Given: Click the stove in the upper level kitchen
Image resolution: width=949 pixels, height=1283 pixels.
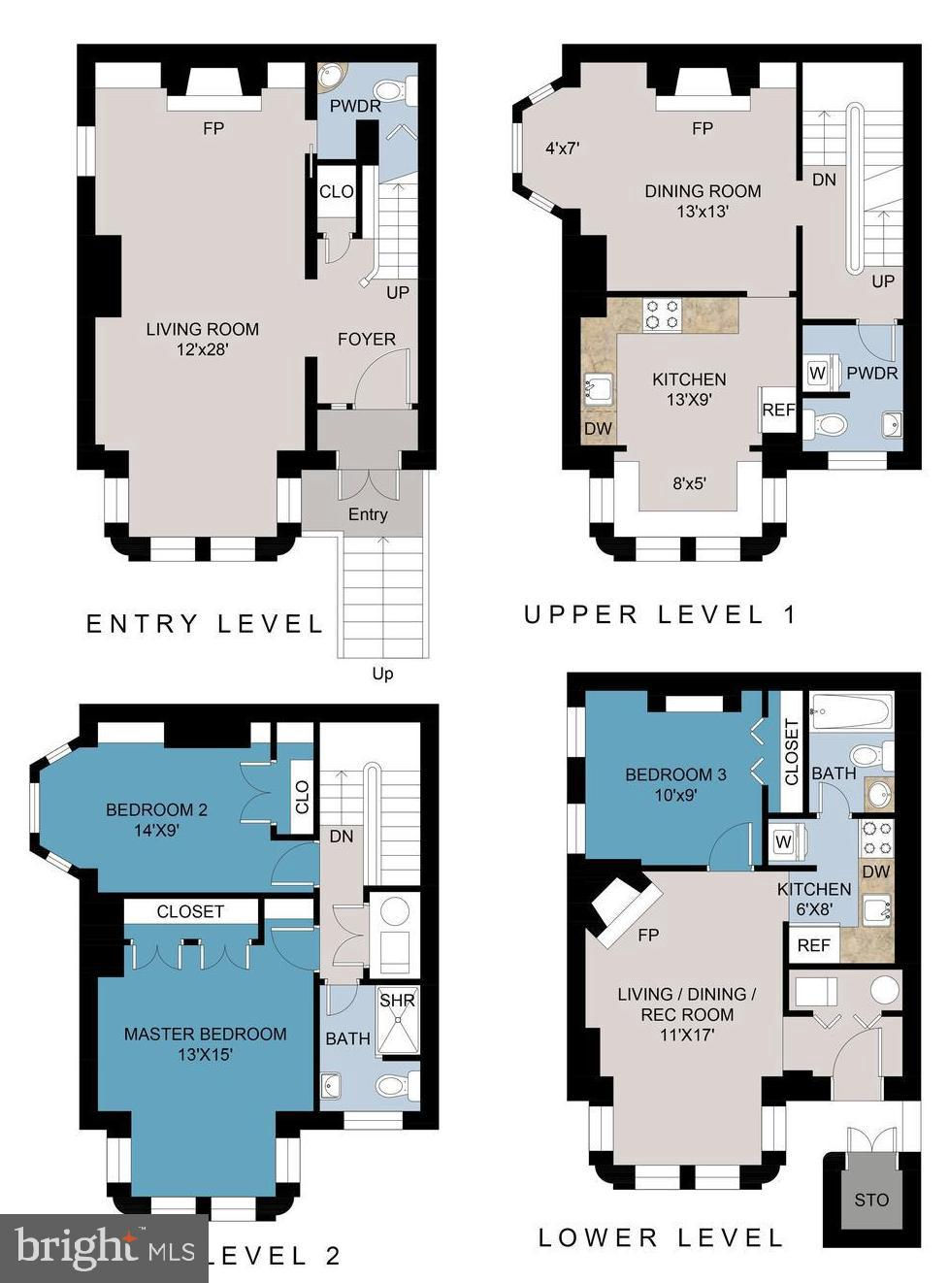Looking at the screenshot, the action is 662,314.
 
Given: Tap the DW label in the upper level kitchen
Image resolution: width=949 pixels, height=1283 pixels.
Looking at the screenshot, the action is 598,429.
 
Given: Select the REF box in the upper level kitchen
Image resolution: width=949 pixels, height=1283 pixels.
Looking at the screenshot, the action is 777,410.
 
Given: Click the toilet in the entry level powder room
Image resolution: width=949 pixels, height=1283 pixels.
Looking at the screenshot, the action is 393,89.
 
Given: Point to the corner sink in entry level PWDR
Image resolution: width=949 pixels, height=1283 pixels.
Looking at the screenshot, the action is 331,75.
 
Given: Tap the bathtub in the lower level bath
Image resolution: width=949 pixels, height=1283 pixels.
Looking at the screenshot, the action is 851,711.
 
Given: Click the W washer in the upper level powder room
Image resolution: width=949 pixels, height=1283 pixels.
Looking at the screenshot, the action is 817,372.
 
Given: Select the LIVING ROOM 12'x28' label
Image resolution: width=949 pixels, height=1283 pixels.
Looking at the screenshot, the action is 202,339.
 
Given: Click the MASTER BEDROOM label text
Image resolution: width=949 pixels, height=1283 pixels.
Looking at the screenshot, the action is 206,1034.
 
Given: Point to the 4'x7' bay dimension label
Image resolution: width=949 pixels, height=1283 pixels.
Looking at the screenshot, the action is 562,148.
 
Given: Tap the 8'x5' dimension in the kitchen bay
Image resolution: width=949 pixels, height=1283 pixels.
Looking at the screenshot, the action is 689,482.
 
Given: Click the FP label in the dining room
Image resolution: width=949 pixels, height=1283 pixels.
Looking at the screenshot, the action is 703,128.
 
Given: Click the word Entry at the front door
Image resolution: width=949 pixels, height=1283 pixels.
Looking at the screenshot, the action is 368,514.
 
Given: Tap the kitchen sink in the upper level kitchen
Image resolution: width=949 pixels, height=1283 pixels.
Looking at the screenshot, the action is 599,389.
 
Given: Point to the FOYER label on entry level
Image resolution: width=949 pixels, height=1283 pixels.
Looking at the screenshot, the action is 367,339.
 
